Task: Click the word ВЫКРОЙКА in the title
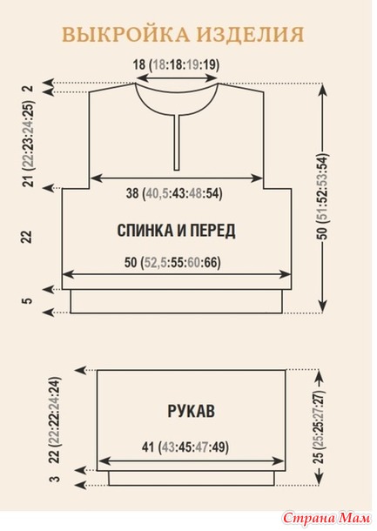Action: pyautogui.click(x=125, y=35)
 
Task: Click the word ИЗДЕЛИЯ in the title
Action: pyautogui.click(x=251, y=35)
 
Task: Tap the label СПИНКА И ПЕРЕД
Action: pyautogui.click(x=176, y=231)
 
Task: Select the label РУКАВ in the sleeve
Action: pyautogui.click(x=191, y=411)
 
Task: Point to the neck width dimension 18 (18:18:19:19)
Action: pyautogui.click(x=176, y=64)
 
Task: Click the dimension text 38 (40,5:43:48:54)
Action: pyautogui.click(x=174, y=194)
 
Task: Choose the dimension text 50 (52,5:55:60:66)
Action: pyautogui.click(x=172, y=262)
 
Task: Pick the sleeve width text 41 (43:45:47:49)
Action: pyautogui.click(x=185, y=447)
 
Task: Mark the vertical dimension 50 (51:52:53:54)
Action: pyautogui.click(x=323, y=197)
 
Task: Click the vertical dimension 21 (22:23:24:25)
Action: pyautogui.click(x=29, y=144)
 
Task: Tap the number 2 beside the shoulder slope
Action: pyautogui.click(x=30, y=88)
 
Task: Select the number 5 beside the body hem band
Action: pyautogui.click(x=29, y=300)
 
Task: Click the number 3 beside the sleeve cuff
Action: pyautogui.click(x=57, y=479)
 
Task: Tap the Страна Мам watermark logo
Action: pyautogui.click(x=327, y=517)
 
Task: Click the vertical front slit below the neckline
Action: pyautogui.click(x=177, y=143)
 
